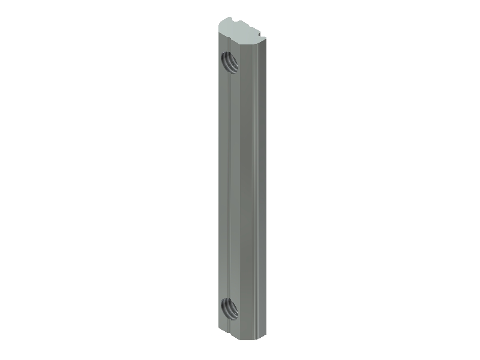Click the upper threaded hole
click(x=229, y=61)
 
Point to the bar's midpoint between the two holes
click(x=240, y=186)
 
